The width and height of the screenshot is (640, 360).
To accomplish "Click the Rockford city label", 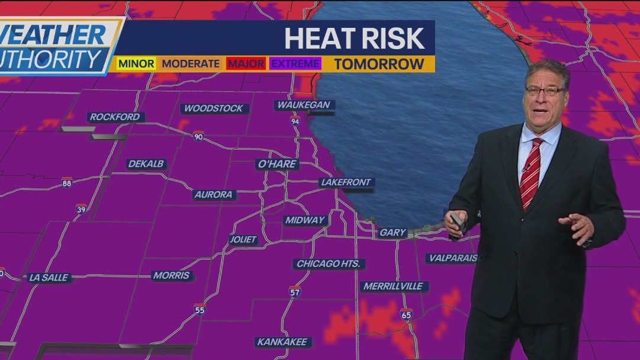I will tap(116, 117).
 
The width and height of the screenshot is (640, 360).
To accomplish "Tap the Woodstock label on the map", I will tap(214, 108).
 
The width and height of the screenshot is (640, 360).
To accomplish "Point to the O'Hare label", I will tap(277, 164).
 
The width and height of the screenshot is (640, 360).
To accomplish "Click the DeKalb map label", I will tap(146, 164).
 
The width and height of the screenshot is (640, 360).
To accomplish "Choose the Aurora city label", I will tap(214, 194).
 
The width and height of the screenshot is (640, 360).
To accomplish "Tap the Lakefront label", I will tap(346, 182).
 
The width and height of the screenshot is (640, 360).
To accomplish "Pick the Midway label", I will tap(305, 220).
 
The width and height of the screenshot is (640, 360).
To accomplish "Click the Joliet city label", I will tap(243, 239).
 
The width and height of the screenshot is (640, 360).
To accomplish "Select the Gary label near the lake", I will tap(393, 233).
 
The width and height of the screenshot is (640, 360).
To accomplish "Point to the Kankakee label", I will tap(282, 342).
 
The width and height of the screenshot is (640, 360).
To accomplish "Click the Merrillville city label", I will tap(394, 286).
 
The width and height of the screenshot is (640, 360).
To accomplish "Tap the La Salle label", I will tap(49, 277).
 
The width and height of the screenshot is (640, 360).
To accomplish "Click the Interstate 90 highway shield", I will tap(198, 136).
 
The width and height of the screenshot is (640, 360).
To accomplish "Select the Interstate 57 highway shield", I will tap(295, 291).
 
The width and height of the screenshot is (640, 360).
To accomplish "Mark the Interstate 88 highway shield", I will tap(67, 183).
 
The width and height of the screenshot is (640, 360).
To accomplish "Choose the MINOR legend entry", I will tap(136, 63).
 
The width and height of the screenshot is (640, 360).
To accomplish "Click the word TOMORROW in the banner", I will tap(379, 64).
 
